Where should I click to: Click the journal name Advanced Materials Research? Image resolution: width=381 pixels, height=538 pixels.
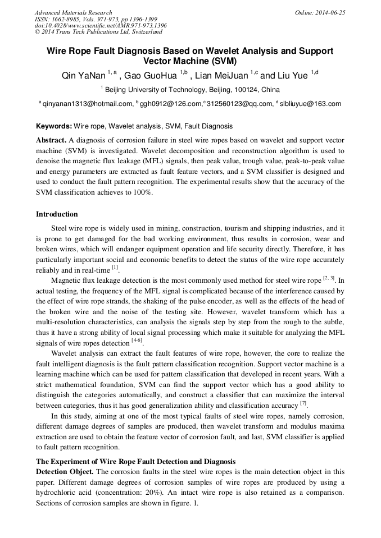pos(73,12)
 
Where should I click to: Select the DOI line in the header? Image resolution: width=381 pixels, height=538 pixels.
pos(101,26)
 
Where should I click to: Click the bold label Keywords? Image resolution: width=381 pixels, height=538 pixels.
pos(54,127)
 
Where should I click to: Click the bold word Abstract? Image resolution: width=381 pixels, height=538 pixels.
pos(51,140)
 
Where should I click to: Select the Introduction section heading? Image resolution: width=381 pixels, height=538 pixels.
pos(57,214)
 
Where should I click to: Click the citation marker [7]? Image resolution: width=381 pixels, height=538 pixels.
pos(303,404)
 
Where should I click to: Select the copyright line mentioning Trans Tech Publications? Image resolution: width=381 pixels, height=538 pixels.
pos(98,33)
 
